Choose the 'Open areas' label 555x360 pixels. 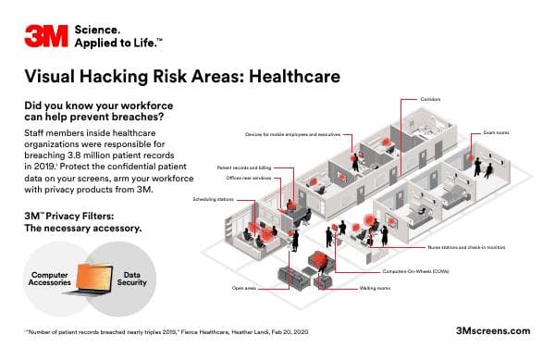(244, 289)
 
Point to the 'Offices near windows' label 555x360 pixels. (247, 178)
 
